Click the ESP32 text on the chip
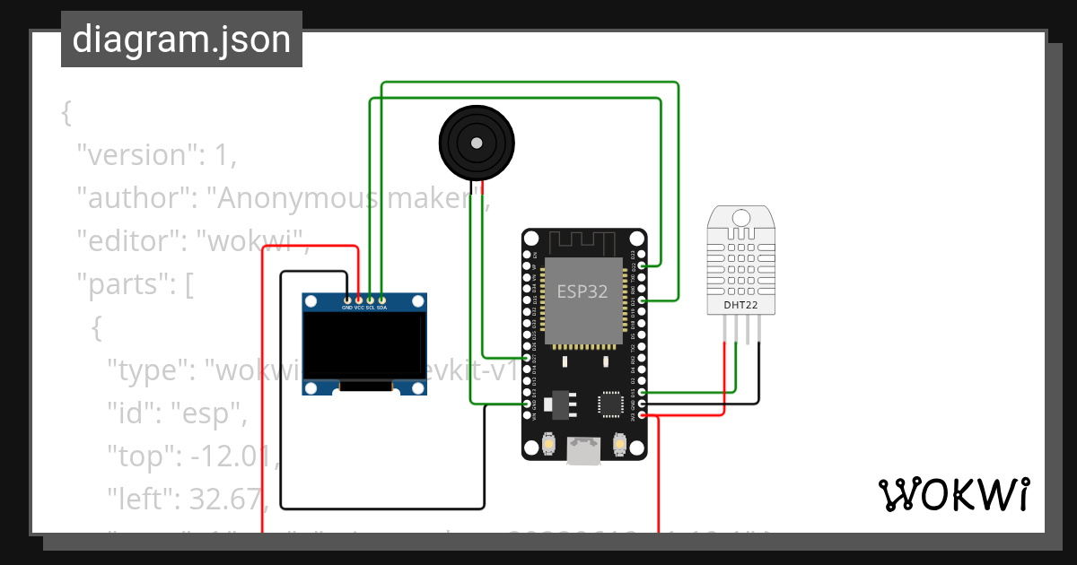582,291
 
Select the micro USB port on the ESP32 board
584,451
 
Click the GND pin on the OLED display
347,300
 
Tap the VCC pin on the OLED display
359,300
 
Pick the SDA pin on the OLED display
382,300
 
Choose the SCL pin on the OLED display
371,300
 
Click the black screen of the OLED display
363,344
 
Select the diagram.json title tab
181,39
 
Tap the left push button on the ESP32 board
548,444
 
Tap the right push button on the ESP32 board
619,444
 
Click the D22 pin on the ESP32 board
642,266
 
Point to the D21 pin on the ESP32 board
642,300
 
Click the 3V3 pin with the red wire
642,415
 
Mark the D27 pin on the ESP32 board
527,358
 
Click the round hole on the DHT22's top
741,218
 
